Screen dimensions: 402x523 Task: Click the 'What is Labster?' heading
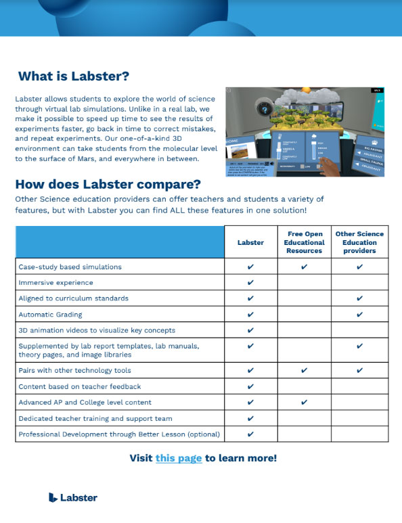tap(73, 76)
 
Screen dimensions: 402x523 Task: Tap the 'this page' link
tap(179, 458)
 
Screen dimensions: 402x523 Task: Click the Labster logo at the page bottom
tap(73, 497)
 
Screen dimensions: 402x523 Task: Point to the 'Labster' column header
tap(251, 242)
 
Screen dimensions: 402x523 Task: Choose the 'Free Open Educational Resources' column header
tap(304, 242)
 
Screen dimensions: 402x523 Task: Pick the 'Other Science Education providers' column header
tap(359, 242)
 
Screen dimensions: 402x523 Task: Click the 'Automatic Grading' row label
tap(50, 315)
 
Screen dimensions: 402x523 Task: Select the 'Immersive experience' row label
tap(55, 282)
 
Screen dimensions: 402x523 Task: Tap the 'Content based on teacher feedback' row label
tap(79, 386)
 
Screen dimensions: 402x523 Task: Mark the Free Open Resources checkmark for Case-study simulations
tap(304, 267)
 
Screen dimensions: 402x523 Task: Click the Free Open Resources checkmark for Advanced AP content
tap(304, 403)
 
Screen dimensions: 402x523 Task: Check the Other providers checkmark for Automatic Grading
tap(359, 315)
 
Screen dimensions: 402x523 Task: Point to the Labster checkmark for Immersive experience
tap(251, 282)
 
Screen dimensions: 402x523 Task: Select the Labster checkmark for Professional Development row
tap(251, 434)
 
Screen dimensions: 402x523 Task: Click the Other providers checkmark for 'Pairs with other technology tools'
tap(359, 371)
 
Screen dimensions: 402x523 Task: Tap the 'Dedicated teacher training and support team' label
tap(95, 419)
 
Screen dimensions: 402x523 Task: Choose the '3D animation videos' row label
tap(97, 330)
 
